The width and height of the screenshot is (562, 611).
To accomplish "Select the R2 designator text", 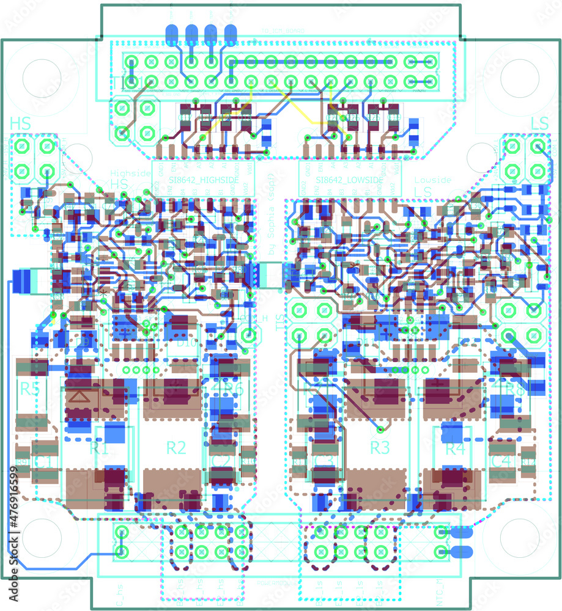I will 176,448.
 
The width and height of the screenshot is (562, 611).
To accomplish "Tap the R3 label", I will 380,448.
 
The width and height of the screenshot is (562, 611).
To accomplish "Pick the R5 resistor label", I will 29,389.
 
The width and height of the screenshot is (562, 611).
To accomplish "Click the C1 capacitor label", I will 42,461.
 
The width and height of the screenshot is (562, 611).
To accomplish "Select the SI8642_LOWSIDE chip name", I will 350,181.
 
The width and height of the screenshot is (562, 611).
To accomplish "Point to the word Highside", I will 130,174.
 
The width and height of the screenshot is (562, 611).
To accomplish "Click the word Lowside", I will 433,180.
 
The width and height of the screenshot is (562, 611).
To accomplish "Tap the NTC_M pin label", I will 440,593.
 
